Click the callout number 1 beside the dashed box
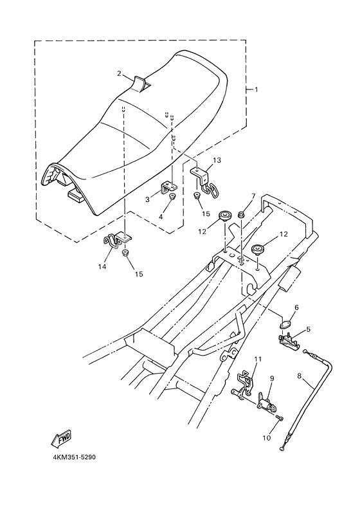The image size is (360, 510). click(256, 89)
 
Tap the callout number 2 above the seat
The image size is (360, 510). click(118, 73)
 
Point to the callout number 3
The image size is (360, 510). click(147, 199)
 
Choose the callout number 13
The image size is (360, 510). click(217, 159)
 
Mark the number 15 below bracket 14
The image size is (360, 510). click(138, 274)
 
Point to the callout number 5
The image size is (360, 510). click(309, 329)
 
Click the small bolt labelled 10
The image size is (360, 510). click(278, 419)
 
